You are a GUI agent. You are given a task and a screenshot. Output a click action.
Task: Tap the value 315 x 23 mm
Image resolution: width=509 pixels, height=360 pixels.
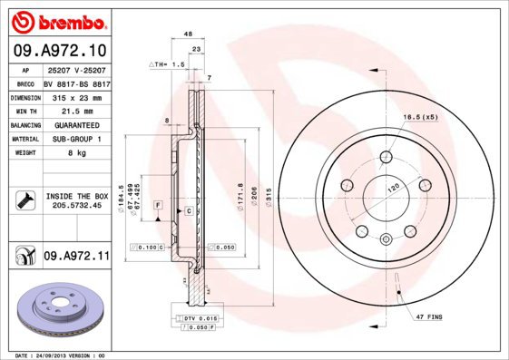[x=75, y=95]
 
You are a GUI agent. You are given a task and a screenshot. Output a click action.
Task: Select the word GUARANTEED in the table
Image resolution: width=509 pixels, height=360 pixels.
[x=75, y=124]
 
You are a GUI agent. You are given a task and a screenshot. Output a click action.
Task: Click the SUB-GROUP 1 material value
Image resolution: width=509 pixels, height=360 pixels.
[x=75, y=139]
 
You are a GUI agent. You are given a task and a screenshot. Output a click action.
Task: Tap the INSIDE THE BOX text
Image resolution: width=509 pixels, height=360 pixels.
[x=76, y=196]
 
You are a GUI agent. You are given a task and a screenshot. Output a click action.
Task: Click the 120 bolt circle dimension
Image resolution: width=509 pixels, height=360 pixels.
[x=394, y=187]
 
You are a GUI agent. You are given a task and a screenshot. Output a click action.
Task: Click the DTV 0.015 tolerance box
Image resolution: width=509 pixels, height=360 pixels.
[x=196, y=318]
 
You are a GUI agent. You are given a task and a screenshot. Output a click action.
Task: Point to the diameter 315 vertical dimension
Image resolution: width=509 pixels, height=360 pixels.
[x=257, y=194]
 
